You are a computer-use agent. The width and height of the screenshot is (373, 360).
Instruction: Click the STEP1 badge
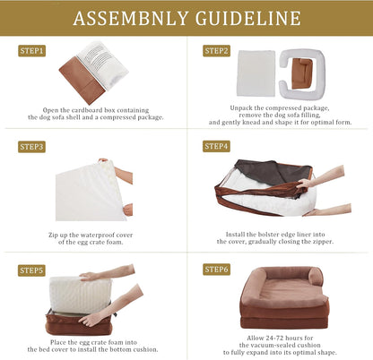coord(31,51)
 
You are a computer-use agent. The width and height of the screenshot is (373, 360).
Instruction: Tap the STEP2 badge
coord(216,51)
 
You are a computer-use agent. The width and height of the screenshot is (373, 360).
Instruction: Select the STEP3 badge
coord(31,147)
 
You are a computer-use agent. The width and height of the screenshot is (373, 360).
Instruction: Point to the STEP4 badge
coord(216,146)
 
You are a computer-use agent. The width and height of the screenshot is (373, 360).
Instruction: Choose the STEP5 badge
coord(31,270)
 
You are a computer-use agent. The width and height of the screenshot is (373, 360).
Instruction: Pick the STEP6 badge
coord(216,270)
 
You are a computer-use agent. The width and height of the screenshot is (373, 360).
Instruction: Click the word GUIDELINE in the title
coord(248,18)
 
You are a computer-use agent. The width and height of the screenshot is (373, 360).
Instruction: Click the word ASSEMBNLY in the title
coord(130,18)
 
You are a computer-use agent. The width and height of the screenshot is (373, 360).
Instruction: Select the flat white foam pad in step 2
coord(256,73)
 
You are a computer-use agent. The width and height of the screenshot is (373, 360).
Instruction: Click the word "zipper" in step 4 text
coord(323,242)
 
